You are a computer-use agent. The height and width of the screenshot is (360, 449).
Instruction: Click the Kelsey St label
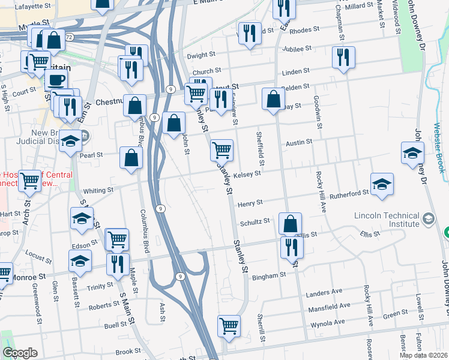(247, 174)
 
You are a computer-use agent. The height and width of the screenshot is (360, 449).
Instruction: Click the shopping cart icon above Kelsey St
(221, 149)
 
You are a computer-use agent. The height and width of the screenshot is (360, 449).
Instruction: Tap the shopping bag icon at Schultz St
(290, 224)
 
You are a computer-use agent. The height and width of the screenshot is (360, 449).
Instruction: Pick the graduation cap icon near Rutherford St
(382, 185)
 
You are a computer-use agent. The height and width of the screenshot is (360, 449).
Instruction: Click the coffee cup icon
(56, 80)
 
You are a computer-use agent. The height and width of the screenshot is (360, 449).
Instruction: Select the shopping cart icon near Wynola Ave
(229, 326)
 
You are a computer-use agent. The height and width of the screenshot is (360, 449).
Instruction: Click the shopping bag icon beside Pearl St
(131, 158)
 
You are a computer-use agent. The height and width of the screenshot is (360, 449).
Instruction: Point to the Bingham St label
(270, 276)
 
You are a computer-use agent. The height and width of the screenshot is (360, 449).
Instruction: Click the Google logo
(20, 353)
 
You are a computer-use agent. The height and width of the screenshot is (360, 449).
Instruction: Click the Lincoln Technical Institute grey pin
(428, 217)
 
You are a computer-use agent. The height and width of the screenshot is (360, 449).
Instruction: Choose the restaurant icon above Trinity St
(117, 264)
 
